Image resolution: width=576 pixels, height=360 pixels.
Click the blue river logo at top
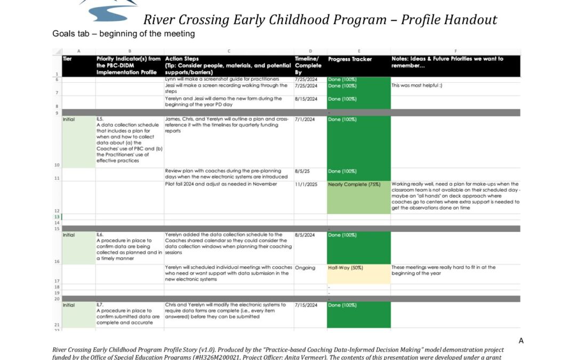109,10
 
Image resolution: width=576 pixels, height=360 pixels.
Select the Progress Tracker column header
350,59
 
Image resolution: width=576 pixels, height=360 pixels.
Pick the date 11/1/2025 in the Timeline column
306,185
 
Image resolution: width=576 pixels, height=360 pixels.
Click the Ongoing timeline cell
305,268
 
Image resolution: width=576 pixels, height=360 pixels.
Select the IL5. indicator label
100,119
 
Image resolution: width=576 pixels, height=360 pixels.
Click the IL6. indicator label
100,235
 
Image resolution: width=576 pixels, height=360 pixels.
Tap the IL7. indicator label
100,305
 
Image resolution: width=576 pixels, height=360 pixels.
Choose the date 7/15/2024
306,305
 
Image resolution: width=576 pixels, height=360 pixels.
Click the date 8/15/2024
306,99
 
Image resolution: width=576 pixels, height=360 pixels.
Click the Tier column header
67,59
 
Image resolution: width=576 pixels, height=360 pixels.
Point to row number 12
57,211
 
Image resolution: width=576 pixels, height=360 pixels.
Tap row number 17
57,281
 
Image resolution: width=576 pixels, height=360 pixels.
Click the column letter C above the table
229,51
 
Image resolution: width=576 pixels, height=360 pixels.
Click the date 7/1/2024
304,119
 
